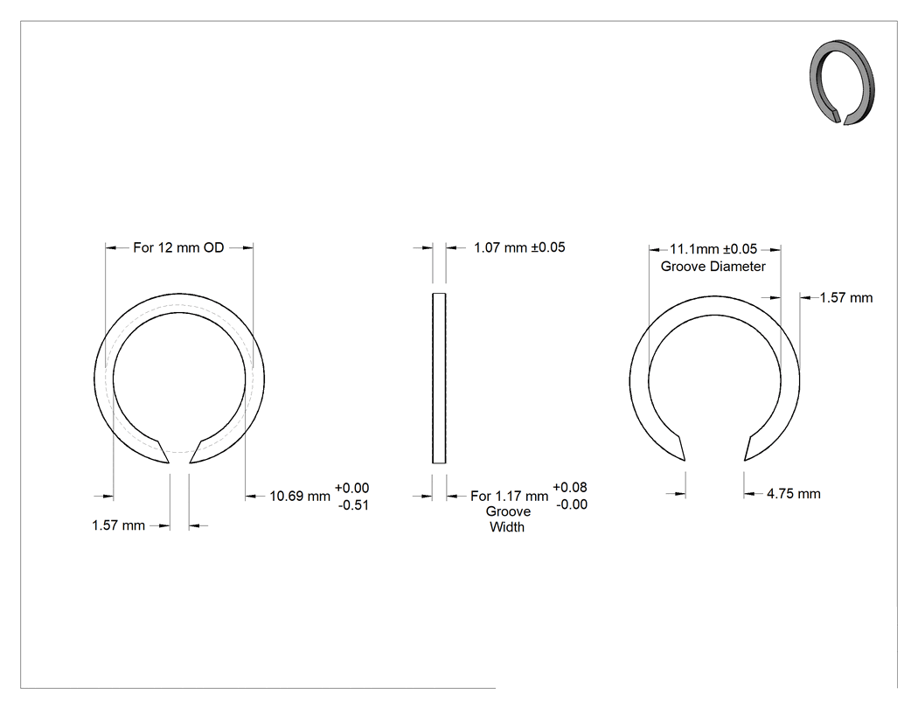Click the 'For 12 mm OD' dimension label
[x=178, y=247]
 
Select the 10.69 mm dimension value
[x=300, y=496]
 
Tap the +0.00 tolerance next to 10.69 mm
[x=351, y=488]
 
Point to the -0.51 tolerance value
[x=353, y=505]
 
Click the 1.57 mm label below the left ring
[x=118, y=525]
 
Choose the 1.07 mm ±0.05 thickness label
[x=519, y=247]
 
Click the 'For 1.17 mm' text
[x=510, y=496]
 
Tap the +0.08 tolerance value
[x=570, y=487]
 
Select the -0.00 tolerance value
[x=572, y=504]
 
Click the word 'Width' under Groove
[x=507, y=527]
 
